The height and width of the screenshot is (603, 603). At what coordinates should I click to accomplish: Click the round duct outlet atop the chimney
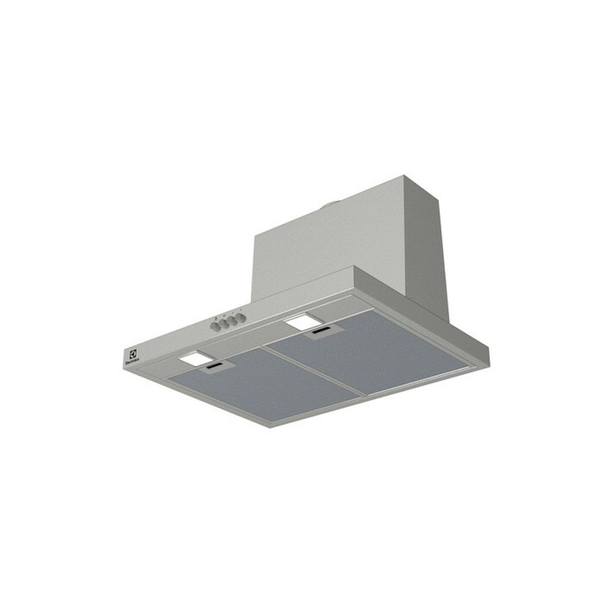point(331,207)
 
